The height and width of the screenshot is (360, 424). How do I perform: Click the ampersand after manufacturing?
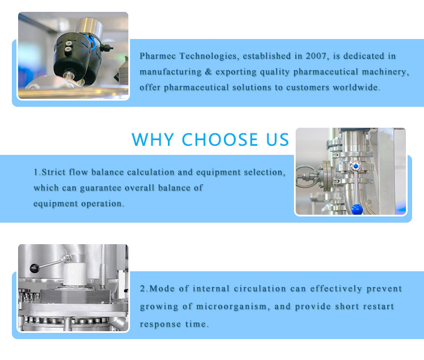pyautogui.click(x=208, y=72)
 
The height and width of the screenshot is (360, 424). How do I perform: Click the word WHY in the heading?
pyautogui.click(x=153, y=140)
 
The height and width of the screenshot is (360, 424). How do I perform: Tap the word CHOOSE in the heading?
pyautogui.click(x=220, y=140)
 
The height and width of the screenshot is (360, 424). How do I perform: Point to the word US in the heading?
pyautogui.click(x=278, y=140)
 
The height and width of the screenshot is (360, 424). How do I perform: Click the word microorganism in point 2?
pyautogui.click(x=231, y=306)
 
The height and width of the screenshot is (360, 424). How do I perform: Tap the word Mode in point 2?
pyautogui.click(x=162, y=289)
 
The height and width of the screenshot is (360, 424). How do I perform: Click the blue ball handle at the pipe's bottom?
pyautogui.click(x=357, y=209)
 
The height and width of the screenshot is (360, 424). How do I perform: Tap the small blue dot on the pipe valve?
pyautogui.click(x=356, y=166)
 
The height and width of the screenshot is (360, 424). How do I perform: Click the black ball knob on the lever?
pyautogui.click(x=34, y=268)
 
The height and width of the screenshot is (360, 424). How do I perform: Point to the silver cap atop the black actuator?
pyautogui.click(x=88, y=27)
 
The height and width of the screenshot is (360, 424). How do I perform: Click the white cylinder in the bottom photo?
pyautogui.click(x=75, y=274)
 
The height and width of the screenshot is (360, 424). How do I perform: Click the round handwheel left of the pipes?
pyautogui.click(x=305, y=177)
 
